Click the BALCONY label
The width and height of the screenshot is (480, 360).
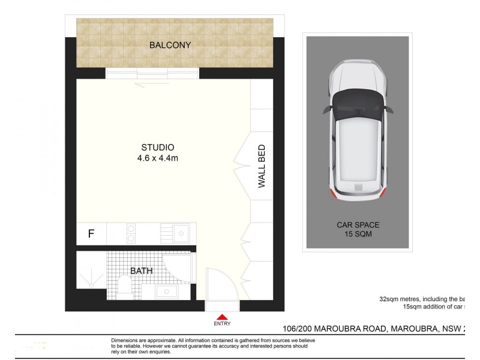tap(170, 45)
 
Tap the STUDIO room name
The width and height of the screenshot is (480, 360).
tap(157, 147)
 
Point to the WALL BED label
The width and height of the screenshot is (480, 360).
tap(262, 166)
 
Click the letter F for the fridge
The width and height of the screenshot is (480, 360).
tap(91, 234)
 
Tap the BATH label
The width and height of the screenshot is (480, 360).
tap(142, 271)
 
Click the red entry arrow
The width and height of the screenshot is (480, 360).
tap(222, 317)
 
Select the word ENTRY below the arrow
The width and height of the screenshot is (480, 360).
tap(222, 324)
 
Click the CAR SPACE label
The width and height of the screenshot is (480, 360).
tap(358, 225)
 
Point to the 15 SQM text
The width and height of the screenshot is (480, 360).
tap(358, 235)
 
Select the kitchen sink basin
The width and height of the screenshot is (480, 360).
tap(181, 233)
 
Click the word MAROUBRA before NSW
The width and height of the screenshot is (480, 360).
tap(415, 329)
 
